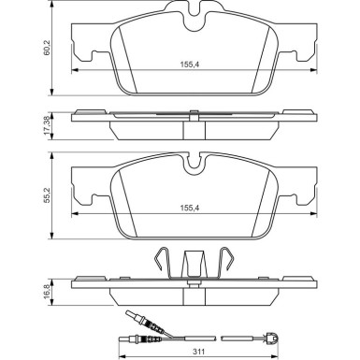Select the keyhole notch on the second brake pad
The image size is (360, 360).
195,165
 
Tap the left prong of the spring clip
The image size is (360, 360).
161,264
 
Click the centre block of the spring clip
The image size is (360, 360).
195,266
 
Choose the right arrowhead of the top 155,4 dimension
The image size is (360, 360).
311,73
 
